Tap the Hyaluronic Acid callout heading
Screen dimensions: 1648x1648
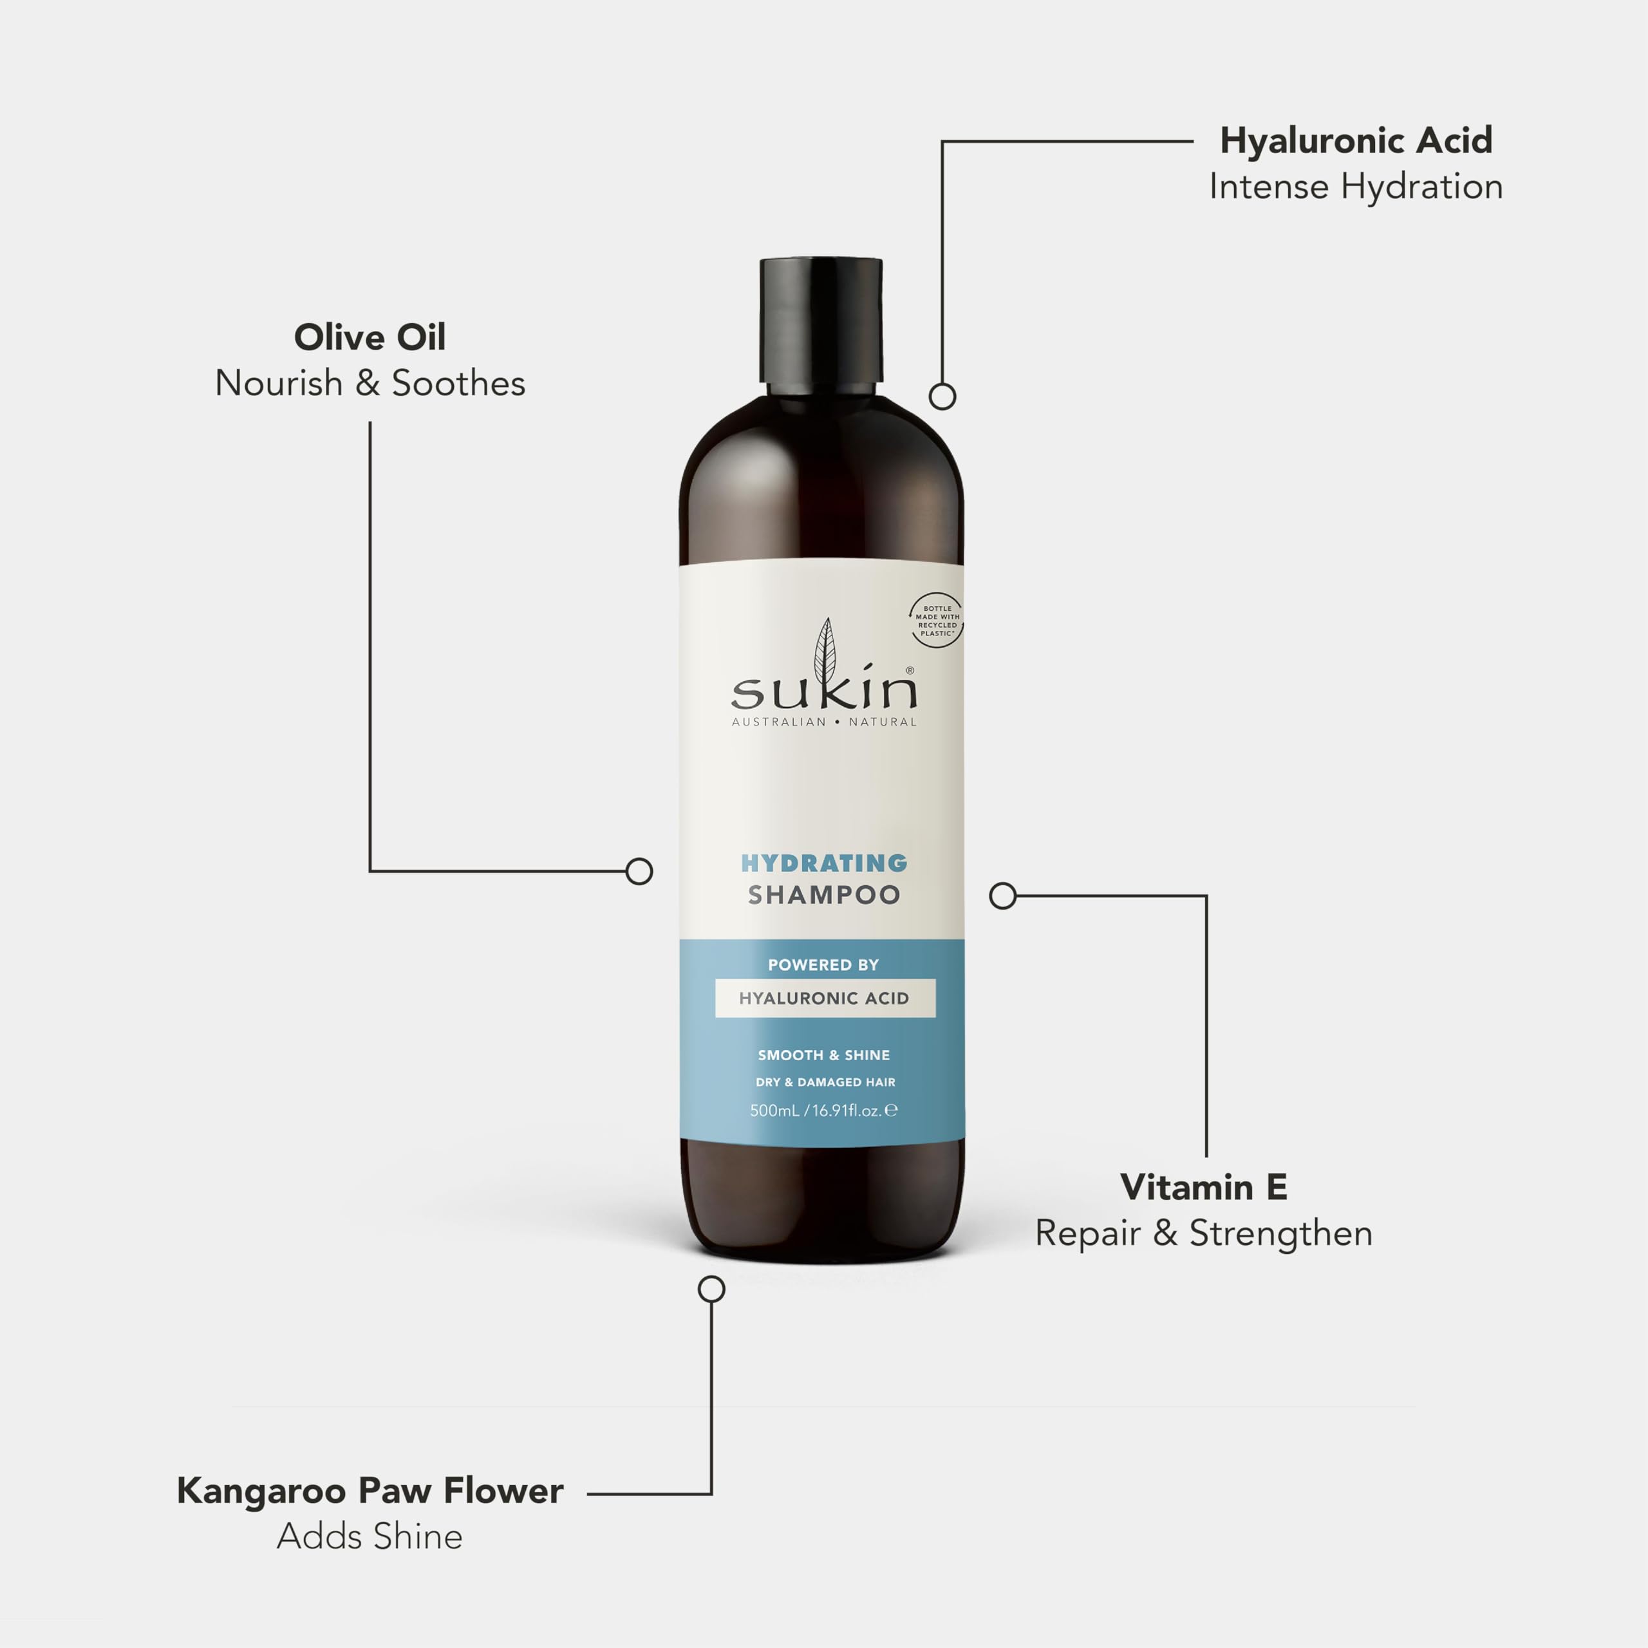(x=1356, y=141)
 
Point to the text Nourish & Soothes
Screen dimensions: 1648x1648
(x=370, y=384)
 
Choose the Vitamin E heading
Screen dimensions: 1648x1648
(x=1203, y=1187)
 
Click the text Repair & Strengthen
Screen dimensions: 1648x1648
(x=1203, y=1233)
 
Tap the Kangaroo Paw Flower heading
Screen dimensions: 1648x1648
(x=370, y=1491)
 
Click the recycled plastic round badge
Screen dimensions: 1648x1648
(x=937, y=620)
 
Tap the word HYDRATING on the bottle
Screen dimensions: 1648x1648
(x=823, y=863)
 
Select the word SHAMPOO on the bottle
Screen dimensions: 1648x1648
(x=823, y=895)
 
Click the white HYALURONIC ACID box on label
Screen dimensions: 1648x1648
(x=824, y=998)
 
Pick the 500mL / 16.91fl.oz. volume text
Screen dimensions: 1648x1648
(x=823, y=1110)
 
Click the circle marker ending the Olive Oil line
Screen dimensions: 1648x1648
(x=639, y=871)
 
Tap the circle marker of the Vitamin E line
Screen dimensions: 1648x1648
(x=1002, y=895)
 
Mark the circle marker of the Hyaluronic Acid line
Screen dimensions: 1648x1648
(x=942, y=396)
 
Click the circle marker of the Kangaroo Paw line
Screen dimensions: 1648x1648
(x=711, y=1289)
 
